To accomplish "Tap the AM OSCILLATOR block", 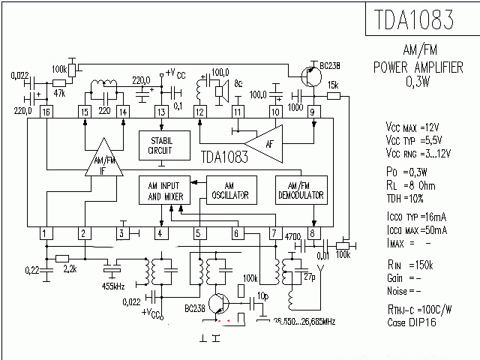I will (x=232, y=190).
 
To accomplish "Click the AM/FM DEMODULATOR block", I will (x=300, y=190).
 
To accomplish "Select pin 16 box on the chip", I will (x=46, y=111).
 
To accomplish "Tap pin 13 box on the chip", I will (x=160, y=111).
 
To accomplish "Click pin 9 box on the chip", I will (x=313, y=111).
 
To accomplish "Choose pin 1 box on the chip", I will (x=46, y=233).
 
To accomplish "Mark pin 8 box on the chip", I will (x=313, y=233).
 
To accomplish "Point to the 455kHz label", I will (x=115, y=285).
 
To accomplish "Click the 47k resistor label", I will (x=60, y=94).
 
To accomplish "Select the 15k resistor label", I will (x=334, y=84).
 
